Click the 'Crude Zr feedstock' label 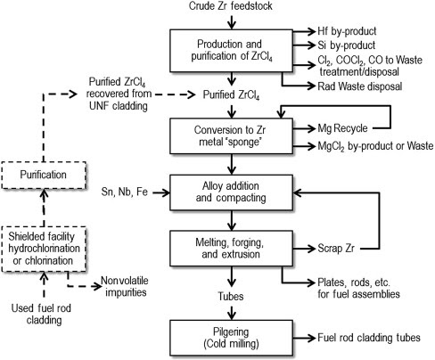pos(231,6)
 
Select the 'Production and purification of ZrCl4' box pos(231,51)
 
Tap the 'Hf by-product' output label pos(347,31)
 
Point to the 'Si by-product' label pos(346,45)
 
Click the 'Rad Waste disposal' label pos(360,86)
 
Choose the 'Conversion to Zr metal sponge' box pos(231,136)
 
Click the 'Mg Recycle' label pos(342,128)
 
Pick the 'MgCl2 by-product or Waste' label pos(375,146)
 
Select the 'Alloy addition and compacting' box pos(231,192)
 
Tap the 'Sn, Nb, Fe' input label pos(124,192)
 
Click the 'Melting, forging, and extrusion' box pos(231,249)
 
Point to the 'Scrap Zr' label pos(336,248)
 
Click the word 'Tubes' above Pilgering pos(231,296)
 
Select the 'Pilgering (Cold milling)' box pos(231,338)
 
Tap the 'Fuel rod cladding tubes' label pos(369,338)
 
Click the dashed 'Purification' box pos(44,176)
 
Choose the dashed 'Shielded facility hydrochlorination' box pos(44,249)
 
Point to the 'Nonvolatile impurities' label pos(125,286)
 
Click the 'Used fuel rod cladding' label pos(42,314)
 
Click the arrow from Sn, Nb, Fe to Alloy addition pos(161,192)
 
